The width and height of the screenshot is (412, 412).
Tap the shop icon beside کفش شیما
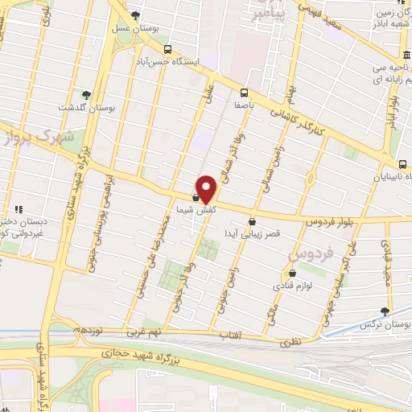(196, 196)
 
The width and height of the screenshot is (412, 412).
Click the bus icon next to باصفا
(245, 92)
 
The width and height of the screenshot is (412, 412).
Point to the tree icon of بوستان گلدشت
(84, 95)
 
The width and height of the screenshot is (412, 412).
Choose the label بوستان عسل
(159, 27)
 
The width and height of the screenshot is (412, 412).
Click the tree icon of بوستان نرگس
(385, 311)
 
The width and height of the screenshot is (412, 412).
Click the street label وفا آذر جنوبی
(201, 269)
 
